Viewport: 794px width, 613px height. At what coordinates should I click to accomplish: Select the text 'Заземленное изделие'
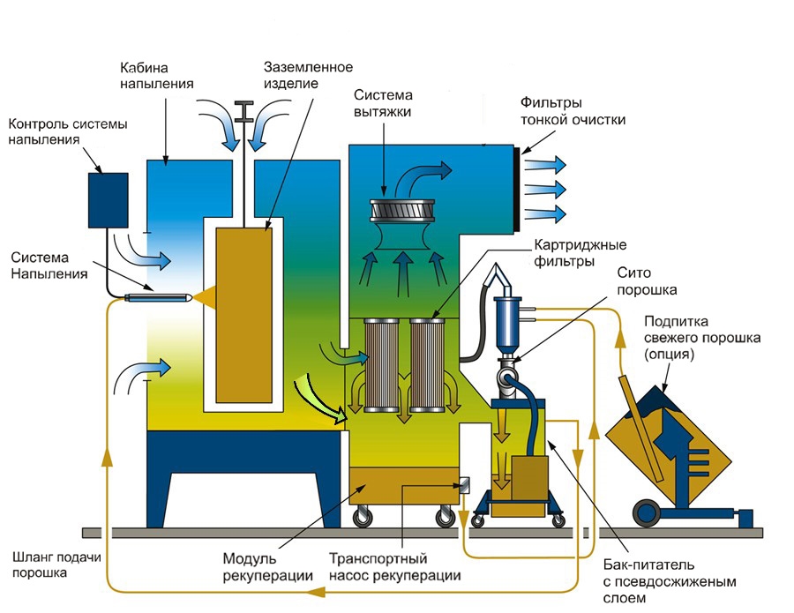coord(309,76)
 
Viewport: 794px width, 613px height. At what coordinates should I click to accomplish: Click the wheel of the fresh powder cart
coord(648,511)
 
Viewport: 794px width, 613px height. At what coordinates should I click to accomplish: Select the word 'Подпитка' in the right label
coord(672,321)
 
